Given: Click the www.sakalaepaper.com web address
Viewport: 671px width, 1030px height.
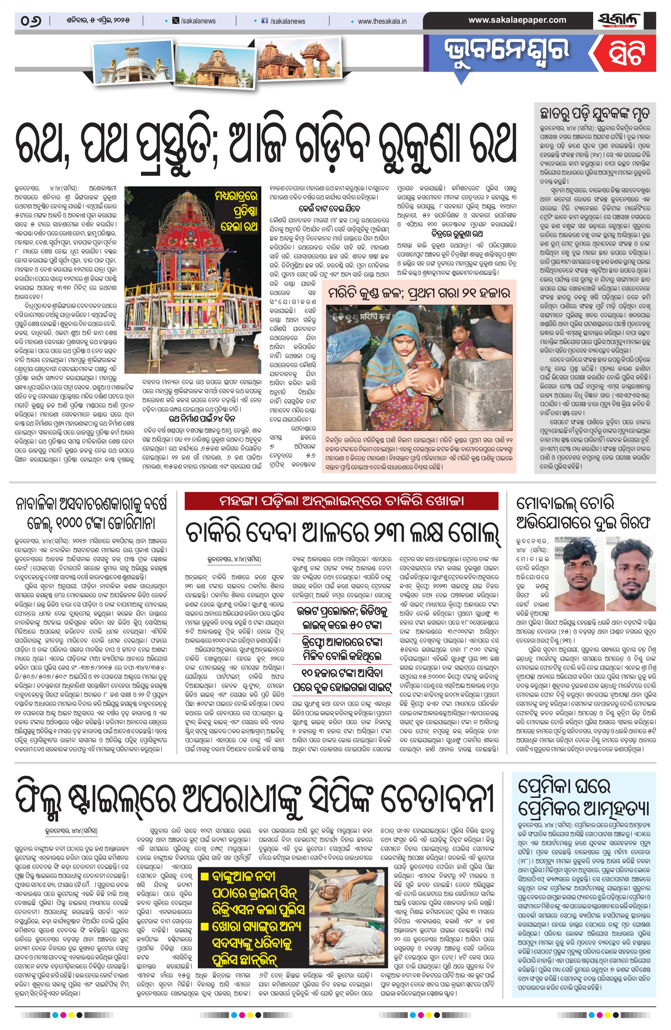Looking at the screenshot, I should pyautogui.click(x=517, y=20).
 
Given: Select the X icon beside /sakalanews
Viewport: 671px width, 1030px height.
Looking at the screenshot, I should pyautogui.click(x=176, y=21).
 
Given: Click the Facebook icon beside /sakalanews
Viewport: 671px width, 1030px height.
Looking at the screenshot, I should pyautogui.click(x=265, y=21).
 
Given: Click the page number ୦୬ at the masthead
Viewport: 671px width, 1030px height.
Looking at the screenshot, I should pyautogui.click(x=30, y=20).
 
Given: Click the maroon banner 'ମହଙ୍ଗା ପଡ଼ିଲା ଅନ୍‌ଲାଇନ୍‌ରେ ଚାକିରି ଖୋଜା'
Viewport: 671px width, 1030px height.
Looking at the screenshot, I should pyautogui.click(x=341, y=501).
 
